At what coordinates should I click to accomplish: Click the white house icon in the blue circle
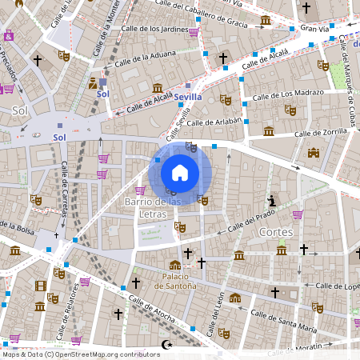[180, 173]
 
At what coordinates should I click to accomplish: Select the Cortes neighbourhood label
[277, 231]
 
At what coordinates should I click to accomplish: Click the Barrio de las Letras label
[154, 207]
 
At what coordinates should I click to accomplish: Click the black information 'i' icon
[273, 200]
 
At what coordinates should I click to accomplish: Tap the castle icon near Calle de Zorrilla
[314, 153]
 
